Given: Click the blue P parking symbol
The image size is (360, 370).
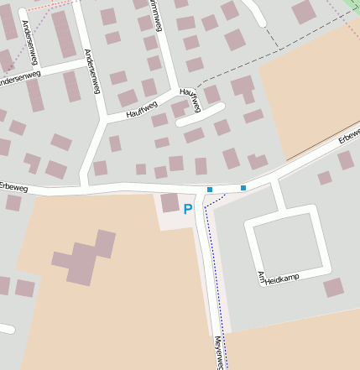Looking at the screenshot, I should (188, 209).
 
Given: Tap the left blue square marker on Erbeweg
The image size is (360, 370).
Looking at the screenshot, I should (210, 190).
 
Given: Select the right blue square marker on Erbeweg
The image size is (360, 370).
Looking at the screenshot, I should (243, 188).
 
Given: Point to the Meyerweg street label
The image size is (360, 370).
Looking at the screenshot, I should (217, 353).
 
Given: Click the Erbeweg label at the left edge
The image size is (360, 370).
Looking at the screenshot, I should (13, 187).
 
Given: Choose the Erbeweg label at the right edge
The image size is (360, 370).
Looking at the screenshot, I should (349, 133).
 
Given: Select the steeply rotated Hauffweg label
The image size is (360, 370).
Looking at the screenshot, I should (190, 99).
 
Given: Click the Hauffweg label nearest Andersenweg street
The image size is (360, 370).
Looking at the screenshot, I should (141, 109).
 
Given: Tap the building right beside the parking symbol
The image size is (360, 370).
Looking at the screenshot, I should (170, 202).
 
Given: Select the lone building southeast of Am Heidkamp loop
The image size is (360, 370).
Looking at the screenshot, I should (334, 288).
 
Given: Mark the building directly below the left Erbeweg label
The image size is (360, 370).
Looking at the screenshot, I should (13, 202).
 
